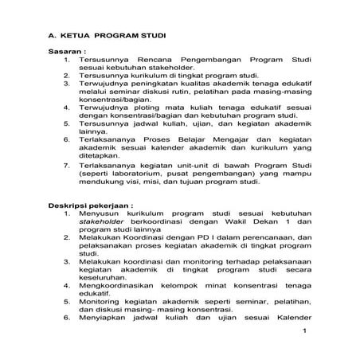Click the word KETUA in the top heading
pyautogui.click(x=77, y=36)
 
